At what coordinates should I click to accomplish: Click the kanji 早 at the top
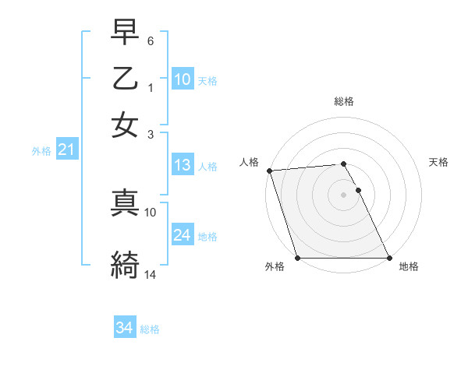[x=125, y=36]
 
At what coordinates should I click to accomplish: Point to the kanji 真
[x=125, y=202]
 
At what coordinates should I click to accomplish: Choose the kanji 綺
[x=125, y=265]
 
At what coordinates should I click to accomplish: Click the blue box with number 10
[x=183, y=79]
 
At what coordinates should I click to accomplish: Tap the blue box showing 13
[x=183, y=165]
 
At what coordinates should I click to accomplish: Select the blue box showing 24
[x=183, y=235]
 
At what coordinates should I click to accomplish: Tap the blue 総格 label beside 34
[x=150, y=329]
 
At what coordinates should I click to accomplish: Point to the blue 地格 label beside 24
[x=207, y=236]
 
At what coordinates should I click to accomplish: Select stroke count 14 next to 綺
[x=151, y=274]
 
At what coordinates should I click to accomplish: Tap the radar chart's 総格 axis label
[x=344, y=102]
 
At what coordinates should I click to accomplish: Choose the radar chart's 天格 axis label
[x=438, y=162]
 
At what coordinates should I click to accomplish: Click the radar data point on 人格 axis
[x=268, y=171]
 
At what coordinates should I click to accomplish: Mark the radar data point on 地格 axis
[x=388, y=258]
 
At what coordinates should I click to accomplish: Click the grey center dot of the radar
[x=344, y=195]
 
